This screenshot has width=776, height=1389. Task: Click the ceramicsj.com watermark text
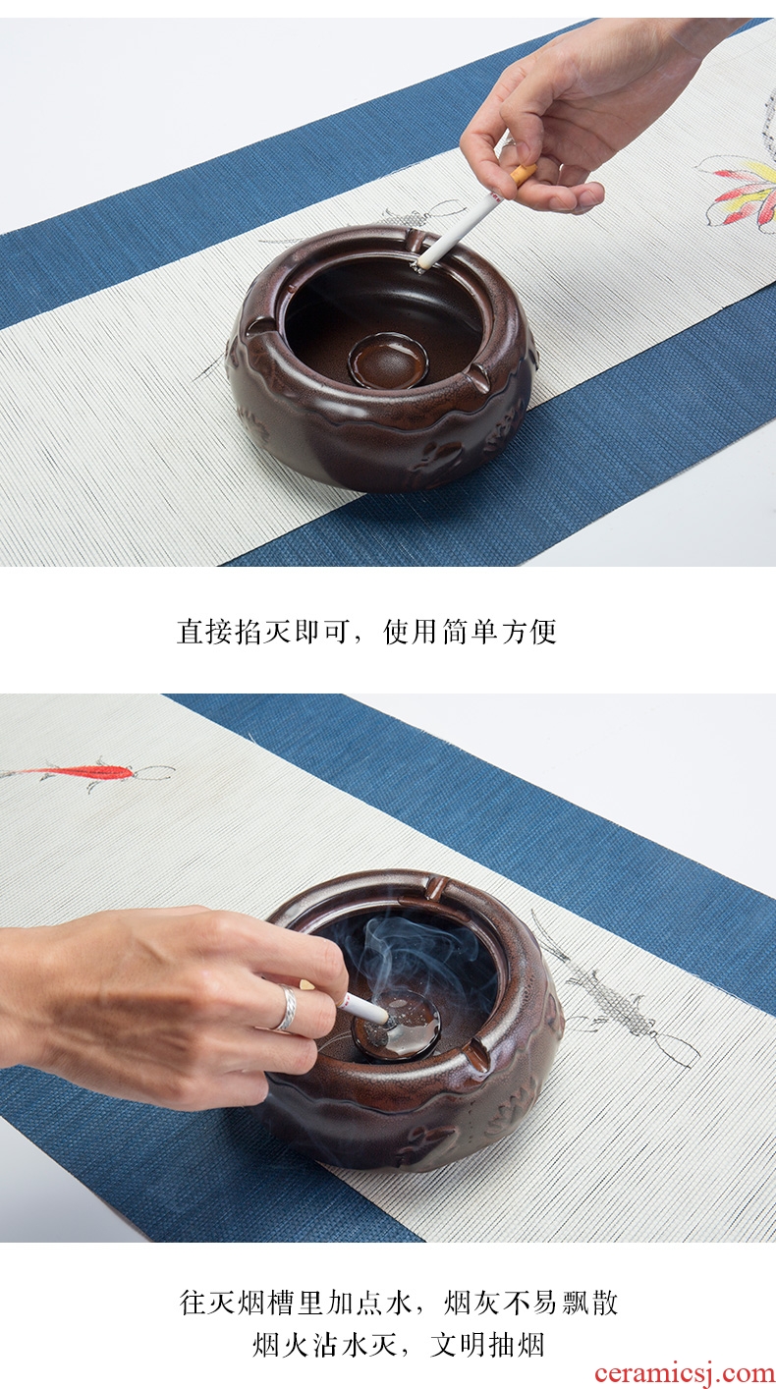(x=685, y=1373)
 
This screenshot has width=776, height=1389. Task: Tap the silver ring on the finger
(x=288, y=1008)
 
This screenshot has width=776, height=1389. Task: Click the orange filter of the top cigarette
(x=524, y=173)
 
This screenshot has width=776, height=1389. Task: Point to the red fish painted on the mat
(x=86, y=773)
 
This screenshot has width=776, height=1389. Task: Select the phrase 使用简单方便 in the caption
(x=470, y=633)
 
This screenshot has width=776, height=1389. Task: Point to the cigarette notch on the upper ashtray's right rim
(x=477, y=376)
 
